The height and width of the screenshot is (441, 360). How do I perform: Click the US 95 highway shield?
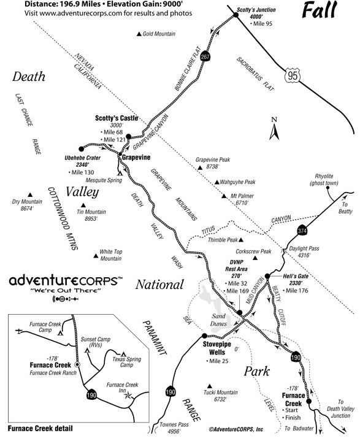point(293,75)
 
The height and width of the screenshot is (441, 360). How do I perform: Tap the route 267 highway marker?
point(205,56)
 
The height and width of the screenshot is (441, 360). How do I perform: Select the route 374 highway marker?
point(302,231)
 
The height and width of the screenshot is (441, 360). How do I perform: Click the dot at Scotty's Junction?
point(236,15)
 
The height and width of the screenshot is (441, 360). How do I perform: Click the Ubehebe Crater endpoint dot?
point(82,148)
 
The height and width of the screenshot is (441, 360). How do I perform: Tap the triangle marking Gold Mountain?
point(139,34)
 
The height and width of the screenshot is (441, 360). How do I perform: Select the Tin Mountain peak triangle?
point(83,205)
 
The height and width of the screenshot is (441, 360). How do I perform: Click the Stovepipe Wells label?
point(217,348)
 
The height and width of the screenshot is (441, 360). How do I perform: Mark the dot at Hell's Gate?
point(267,276)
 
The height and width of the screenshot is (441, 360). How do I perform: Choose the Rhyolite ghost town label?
point(324,180)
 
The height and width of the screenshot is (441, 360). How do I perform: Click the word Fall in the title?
point(320,10)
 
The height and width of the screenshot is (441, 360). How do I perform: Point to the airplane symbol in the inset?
point(19,331)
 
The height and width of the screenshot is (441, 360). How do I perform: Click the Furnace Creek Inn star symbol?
point(128,396)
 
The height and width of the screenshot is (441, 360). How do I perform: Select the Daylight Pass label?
point(304,251)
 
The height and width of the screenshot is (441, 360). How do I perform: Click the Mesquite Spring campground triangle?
point(120,173)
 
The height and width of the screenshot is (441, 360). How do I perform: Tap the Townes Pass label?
point(174,428)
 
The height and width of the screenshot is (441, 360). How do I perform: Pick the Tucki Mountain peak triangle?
point(209,386)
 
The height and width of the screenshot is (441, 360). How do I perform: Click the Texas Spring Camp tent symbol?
point(123,354)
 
